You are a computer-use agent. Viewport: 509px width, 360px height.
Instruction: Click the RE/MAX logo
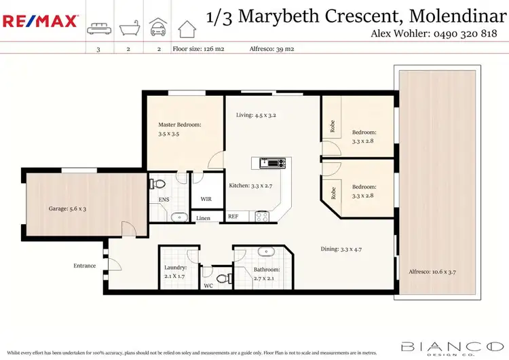40,21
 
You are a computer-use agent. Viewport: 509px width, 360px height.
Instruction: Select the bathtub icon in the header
128,29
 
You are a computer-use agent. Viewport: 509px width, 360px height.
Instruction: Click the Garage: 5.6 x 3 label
67,209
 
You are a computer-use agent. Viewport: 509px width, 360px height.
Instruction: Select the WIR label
206,200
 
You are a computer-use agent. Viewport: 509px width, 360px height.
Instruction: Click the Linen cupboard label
204,219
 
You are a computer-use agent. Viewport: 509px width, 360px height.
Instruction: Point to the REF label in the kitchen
233,217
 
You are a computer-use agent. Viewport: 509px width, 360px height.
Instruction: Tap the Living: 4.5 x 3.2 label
256,115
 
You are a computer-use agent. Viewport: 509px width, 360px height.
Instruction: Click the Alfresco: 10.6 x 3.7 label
427,272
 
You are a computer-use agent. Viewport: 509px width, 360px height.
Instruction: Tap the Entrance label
85,266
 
